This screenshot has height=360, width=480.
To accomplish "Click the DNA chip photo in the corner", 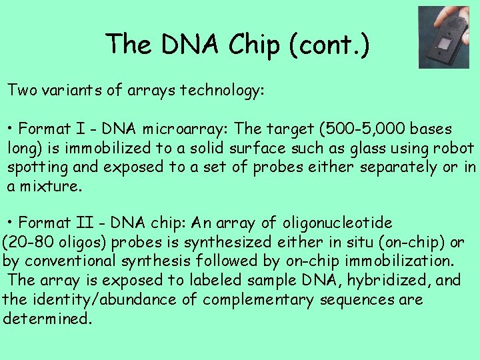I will (x=443, y=37).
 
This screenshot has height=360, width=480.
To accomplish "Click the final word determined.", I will (x=47, y=319).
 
